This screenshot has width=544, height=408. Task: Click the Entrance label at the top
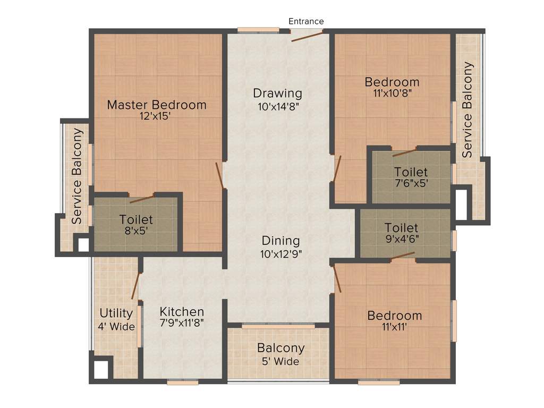click(x=306, y=21)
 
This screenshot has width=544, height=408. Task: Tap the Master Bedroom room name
click(x=157, y=105)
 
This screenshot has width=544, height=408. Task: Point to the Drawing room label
click(x=277, y=93)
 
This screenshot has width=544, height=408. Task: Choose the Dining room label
click(x=280, y=241)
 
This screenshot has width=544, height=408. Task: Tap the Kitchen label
click(x=182, y=312)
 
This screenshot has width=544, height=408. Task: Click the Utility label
click(x=116, y=313)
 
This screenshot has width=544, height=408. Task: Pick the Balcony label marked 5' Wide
click(x=280, y=348)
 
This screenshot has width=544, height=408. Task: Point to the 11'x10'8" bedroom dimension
click(x=392, y=92)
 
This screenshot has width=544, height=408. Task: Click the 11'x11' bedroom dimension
click(x=394, y=327)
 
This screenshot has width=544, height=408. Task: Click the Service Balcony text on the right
click(x=467, y=110)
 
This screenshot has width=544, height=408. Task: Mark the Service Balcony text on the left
click(x=77, y=176)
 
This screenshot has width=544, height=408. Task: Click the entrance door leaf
click(x=307, y=36)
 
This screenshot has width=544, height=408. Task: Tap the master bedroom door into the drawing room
click(x=219, y=175)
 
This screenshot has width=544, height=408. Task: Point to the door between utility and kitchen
click(x=136, y=285)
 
